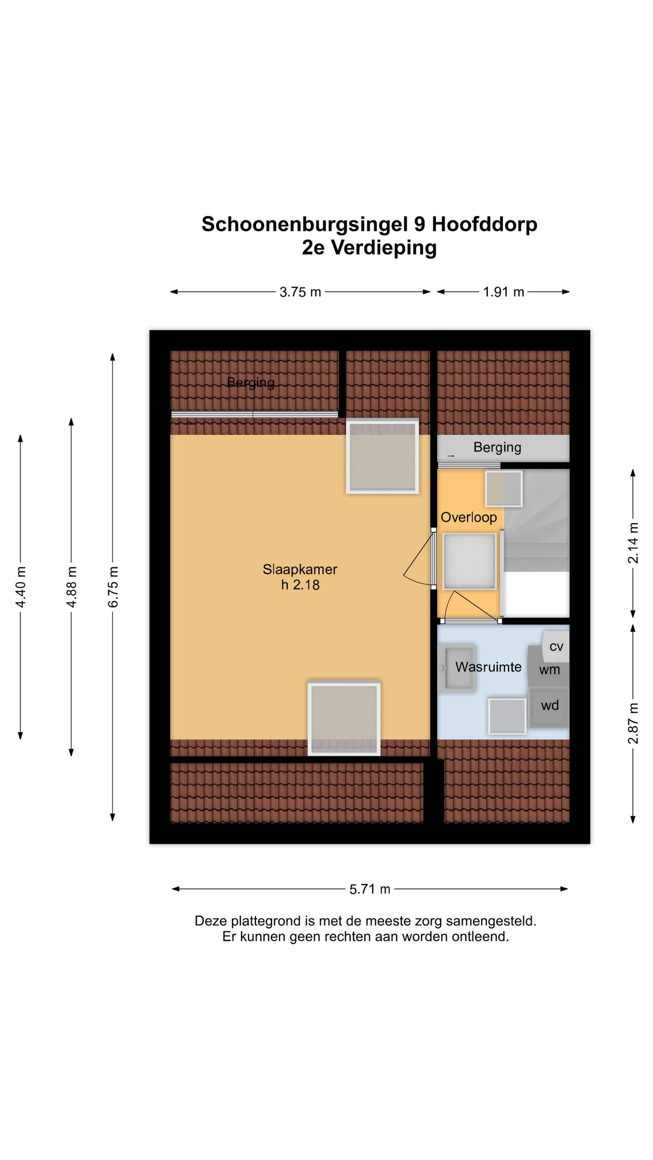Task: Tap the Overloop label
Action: [x=468, y=517]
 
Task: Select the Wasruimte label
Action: [x=488, y=667]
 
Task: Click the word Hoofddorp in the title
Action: [x=485, y=224]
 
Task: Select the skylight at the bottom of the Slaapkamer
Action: [x=344, y=718]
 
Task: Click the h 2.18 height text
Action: [x=300, y=585]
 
